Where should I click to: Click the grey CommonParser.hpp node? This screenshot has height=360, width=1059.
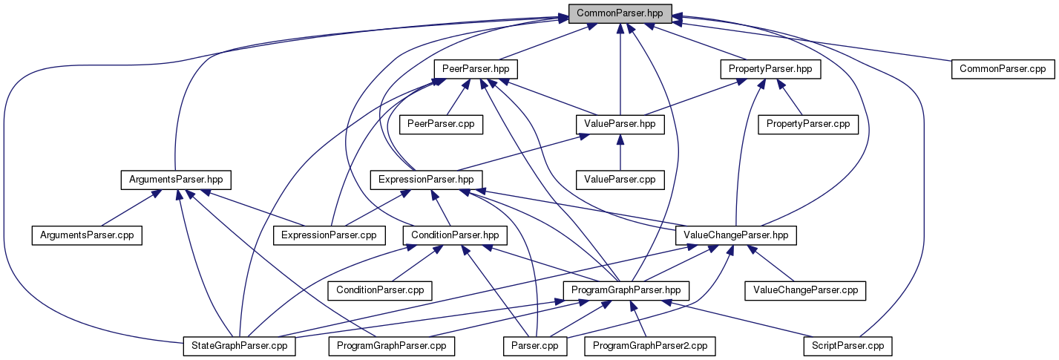click(620, 13)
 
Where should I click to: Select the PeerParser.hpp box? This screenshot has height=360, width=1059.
click(475, 69)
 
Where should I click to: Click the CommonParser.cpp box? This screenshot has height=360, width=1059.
click(1002, 69)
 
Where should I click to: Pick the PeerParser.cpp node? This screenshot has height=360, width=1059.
click(442, 125)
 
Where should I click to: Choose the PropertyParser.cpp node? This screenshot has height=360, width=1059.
click(807, 125)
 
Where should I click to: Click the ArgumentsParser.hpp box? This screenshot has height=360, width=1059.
click(175, 180)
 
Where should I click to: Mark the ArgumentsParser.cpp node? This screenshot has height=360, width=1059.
click(86, 235)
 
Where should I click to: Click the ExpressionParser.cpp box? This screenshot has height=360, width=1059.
click(329, 235)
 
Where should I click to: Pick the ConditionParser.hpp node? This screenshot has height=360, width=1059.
click(455, 235)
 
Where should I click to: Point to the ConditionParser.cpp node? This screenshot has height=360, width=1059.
click(380, 290)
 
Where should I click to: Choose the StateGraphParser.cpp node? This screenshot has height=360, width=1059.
click(240, 346)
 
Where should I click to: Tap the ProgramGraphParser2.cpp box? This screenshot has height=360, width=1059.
click(650, 346)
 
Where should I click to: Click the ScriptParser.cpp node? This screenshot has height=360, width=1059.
click(847, 346)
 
